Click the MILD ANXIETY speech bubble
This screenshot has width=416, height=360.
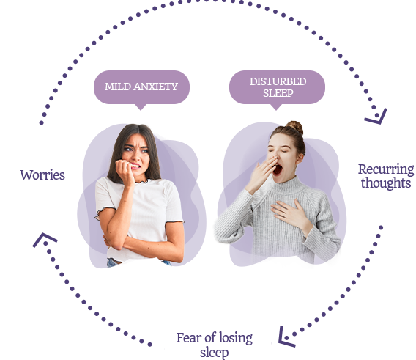(141, 87)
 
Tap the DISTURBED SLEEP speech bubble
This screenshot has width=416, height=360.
(277, 87)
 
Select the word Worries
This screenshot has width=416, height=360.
(42, 175)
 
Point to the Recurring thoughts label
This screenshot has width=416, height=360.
(386, 176)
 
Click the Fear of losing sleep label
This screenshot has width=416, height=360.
(215, 345)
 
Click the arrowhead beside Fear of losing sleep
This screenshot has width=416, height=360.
(286, 337)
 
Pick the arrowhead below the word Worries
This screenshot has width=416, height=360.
(44, 240)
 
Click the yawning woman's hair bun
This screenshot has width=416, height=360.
(294, 128)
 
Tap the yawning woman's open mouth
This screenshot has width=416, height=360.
(278, 169)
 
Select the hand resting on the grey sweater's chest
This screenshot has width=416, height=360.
(290, 213)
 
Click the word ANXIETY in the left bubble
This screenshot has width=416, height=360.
(156, 87)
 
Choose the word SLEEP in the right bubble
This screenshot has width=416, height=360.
(278, 93)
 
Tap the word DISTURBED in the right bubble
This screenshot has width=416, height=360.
(278, 81)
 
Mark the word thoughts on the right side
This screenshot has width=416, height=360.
(386, 183)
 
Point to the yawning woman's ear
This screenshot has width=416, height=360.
(300, 158)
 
